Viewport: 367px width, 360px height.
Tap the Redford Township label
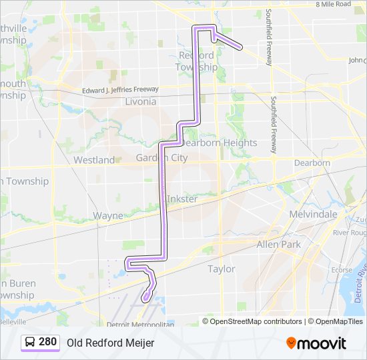(196, 61)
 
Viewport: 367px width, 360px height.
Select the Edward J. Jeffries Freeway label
(120, 89)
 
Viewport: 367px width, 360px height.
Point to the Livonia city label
(140, 102)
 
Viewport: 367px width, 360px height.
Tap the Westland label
(94, 160)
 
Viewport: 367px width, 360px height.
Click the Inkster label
(182, 199)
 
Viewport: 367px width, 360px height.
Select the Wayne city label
(107, 215)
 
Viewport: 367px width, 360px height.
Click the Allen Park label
(279, 245)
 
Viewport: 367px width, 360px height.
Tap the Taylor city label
(222, 269)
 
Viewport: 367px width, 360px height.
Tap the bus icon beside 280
(31, 342)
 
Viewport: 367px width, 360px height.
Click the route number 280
(48, 342)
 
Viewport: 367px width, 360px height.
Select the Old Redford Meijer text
(110, 343)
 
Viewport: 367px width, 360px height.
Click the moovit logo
(316, 343)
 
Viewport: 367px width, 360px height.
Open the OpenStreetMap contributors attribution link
(256, 321)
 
